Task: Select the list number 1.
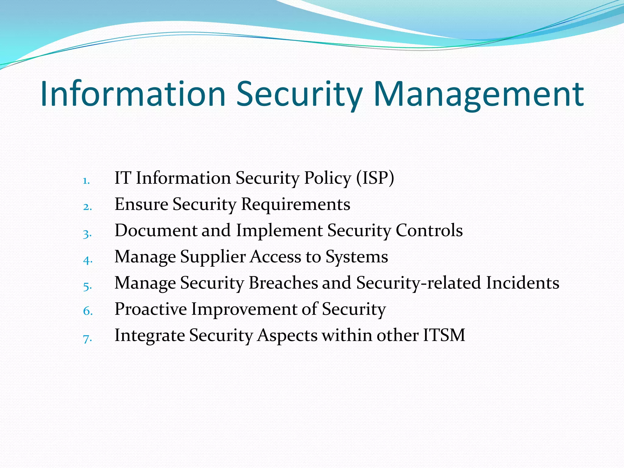click(86, 181)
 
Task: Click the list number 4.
click(87, 260)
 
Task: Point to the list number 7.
click(87, 339)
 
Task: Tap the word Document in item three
click(156, 230)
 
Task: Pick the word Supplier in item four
click(213, 257)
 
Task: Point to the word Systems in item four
click(357, 257)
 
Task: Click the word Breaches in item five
click(283, 283)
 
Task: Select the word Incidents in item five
click(522, 283)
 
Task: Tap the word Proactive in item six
click(151, 309)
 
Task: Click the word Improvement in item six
click(244, 309)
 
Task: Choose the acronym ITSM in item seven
click(444, 335)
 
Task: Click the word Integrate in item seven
click(150, 335)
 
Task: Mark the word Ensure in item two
click(141, 204)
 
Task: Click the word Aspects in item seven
click(287, 335)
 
